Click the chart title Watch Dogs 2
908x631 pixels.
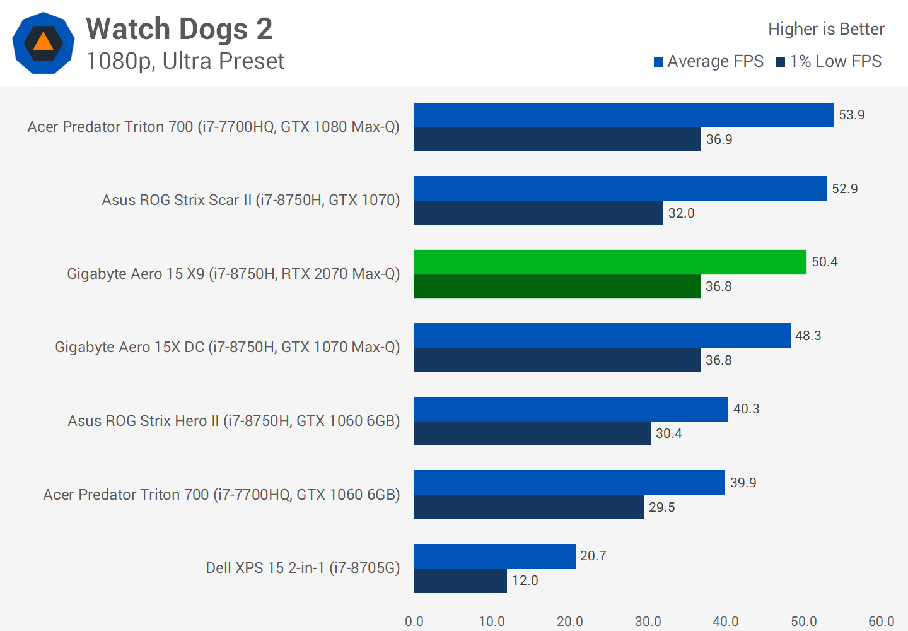pos(179,29)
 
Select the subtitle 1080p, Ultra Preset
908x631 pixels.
pos(185,61)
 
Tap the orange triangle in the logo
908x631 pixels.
pos(43,42)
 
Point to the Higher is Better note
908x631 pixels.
pos(825,29)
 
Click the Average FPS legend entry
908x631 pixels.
pos(709,61)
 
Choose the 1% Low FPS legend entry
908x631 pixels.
pos(829,61)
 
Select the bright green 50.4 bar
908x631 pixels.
pos(610,262)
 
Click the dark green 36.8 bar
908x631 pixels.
pos(557,286)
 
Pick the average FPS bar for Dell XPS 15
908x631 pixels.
pos(494,556)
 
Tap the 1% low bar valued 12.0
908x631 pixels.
pos(460,581)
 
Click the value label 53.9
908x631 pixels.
pos(851,115)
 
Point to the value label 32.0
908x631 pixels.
pos(681,213)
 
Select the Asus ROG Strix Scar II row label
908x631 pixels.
pos(251,200)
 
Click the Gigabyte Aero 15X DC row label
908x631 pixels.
pos(227,347)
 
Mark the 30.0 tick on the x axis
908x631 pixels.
pos(648,622)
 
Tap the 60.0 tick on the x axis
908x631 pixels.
pos(881,622)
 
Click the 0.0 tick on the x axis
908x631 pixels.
pos(414,622)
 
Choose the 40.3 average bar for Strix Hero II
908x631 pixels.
pos(571,409)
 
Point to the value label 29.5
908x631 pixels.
pos(661,507)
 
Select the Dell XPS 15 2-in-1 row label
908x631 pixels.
pos(303,568)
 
